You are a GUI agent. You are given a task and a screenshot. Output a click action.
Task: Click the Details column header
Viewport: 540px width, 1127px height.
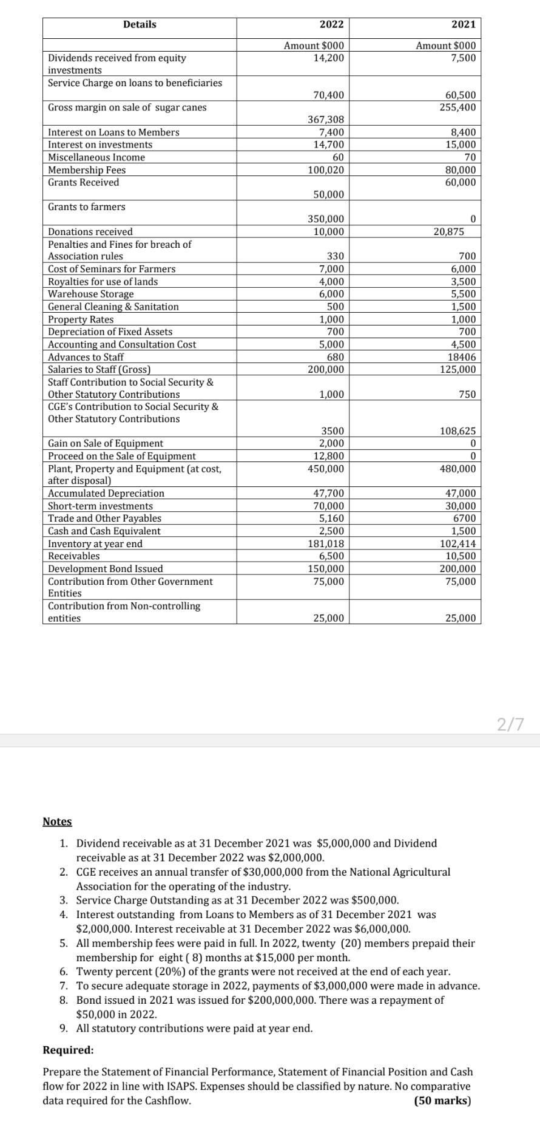140,24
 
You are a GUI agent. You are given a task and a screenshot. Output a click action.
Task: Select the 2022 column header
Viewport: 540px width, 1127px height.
331,24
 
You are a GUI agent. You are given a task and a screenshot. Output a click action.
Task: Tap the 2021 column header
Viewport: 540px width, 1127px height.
464,24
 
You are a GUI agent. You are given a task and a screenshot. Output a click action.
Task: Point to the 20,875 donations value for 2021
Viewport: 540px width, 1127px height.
449,232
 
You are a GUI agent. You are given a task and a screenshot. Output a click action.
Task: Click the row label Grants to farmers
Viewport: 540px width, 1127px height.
87,207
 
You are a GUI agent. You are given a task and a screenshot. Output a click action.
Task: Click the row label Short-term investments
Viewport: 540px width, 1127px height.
100,506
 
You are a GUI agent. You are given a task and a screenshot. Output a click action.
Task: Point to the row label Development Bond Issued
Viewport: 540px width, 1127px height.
106,569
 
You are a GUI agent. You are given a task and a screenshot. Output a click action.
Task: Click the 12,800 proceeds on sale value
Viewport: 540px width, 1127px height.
328,456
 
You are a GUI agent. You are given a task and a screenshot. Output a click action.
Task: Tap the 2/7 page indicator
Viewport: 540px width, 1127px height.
509,724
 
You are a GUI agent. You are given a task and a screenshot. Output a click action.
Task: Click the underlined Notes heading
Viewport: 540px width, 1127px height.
57,822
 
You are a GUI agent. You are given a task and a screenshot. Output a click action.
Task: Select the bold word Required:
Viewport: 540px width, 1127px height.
68,1050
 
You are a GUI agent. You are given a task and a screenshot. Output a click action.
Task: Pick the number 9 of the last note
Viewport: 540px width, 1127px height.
64,1029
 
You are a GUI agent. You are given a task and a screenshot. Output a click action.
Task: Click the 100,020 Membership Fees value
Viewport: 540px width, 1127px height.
326,170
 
